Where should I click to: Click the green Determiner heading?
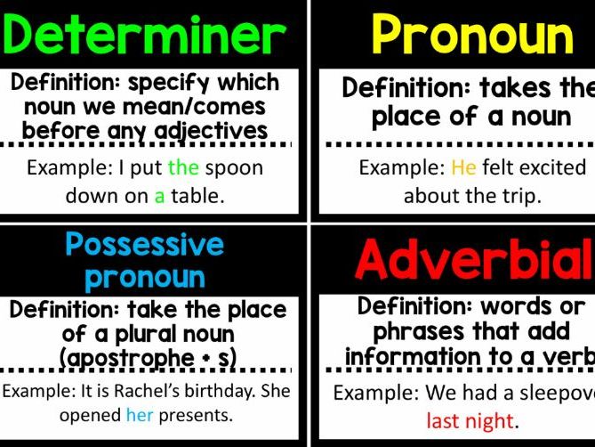pyautogui.click(x=145, y=34)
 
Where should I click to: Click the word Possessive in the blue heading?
pyautogui.click(x=145, y=243)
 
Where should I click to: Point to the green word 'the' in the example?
pyautogui.click(x=183, y=167)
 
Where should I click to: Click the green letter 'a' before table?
pyautogui.click(x=160, y=196)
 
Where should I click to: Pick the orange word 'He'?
pyautogui.click(x=463, y=167)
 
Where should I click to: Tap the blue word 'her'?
pyautogui.click(x=140, y=415)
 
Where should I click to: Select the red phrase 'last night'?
pyautogui.click(x=470, y=420)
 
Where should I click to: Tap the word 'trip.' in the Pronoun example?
pyautogui.click(x=520, y=196)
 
